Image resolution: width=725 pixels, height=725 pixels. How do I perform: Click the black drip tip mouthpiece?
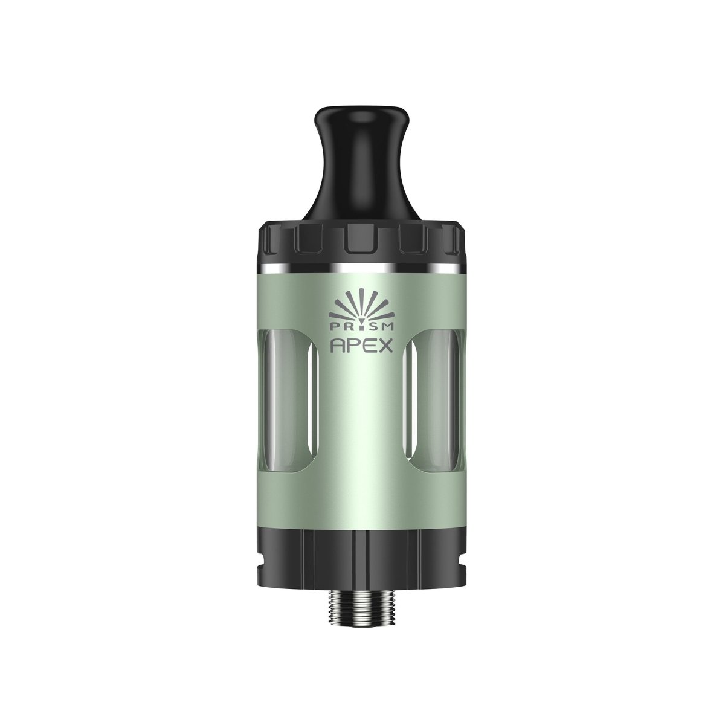(x=362, y=163)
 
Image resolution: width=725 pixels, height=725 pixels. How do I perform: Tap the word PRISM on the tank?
(x=362, y=327)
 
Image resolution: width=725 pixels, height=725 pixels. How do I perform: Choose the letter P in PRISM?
(x=335, y=327)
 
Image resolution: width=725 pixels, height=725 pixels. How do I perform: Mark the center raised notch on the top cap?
(x=362, y=242)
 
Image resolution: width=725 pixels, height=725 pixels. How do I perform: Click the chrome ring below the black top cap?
(x=362, y=266)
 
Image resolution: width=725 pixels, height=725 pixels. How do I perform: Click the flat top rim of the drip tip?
(x=362, y=109)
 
